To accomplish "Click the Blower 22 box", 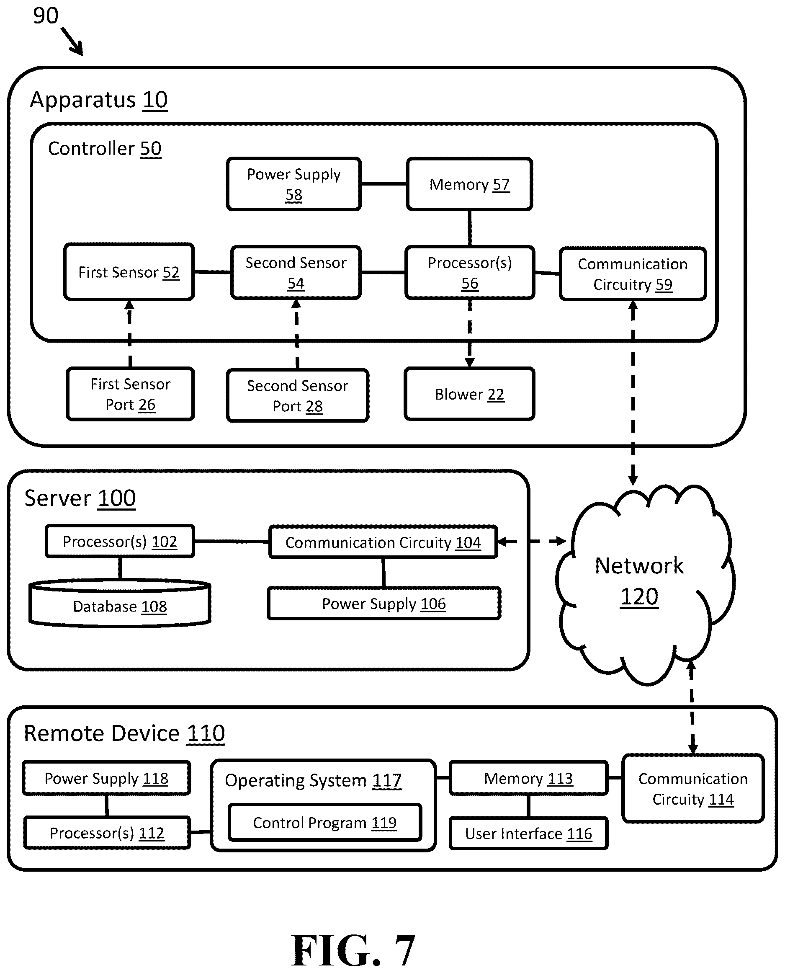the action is coord(469,394).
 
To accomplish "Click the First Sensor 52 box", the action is coord(129,272).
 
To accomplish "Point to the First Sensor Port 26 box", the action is coord(130,394).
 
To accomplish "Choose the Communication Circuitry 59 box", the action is coord(633,274).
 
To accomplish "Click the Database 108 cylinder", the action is coord(120,603).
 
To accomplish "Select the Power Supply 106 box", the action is coord(384,604).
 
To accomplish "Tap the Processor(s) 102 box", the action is coord(120,541).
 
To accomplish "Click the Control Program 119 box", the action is coord(324,823).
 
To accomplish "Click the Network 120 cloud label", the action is coord(639,581).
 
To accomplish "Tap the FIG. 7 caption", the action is coord(353,950).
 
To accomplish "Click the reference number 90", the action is coord(46,15).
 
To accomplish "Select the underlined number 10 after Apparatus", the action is coord(155,100).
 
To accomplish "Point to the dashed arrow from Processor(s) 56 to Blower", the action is coord(469,333).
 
